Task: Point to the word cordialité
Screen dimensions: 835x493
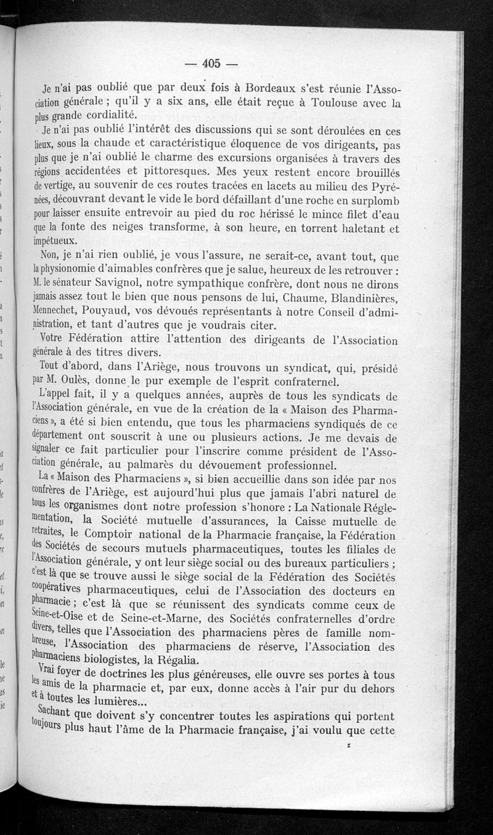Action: (110, 116)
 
